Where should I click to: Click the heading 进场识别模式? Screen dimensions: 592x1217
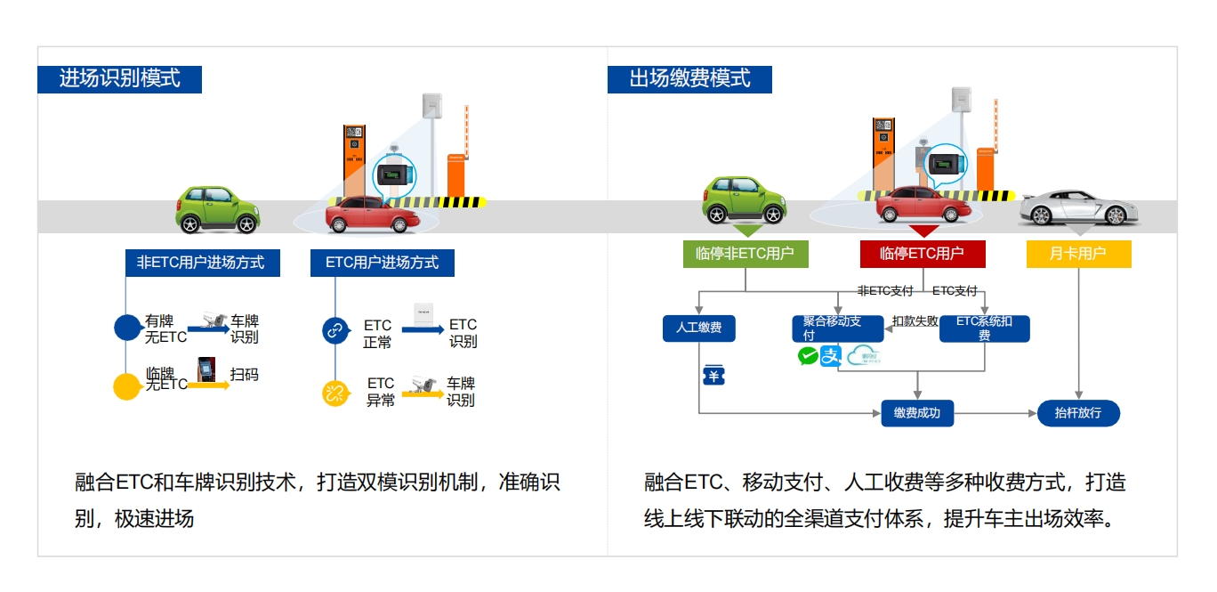[x=119, y=78]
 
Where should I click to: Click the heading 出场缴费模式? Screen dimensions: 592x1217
[x=689, y=78]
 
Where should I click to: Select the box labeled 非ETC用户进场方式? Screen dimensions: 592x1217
[x=202, y=263]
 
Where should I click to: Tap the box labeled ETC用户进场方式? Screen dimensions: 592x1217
[x=382, y=263]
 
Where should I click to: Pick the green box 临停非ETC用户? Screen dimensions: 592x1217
[x=745, y=254]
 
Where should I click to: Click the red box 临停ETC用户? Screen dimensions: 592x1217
[x=922, y=254]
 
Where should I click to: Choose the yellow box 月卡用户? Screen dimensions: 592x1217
[x=1078, y=254]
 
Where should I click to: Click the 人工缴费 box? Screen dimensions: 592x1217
[x=699, y=328]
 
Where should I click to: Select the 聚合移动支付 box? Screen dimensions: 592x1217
[x=837, y=328]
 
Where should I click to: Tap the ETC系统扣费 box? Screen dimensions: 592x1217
[x=984, y=328]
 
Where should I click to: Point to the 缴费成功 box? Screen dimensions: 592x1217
[x=917, y=413]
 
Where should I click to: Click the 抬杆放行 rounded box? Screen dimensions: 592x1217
[x=1078, y=413]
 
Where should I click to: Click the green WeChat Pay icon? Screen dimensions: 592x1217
[x=808, y=356]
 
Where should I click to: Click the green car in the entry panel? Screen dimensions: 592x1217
[x=218, y=209]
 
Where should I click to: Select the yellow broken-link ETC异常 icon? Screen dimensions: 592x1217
[x=334, y=393]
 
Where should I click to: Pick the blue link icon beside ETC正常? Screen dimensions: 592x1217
[x=334, y=331]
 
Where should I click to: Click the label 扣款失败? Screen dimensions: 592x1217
[x=915, y=321]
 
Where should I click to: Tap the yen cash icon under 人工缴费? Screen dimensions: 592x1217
[x=713, y=376]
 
